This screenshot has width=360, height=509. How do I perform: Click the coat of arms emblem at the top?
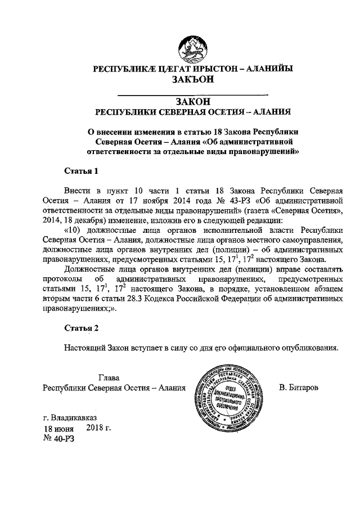(x=193, y=47)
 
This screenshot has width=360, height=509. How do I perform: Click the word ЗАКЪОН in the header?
(x=193, y=80)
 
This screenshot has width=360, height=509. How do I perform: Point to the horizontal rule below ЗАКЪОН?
(x=192, y=93)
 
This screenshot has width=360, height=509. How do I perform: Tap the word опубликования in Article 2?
(x=310, y=347)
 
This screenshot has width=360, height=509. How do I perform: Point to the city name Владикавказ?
(x=75, y=418)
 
